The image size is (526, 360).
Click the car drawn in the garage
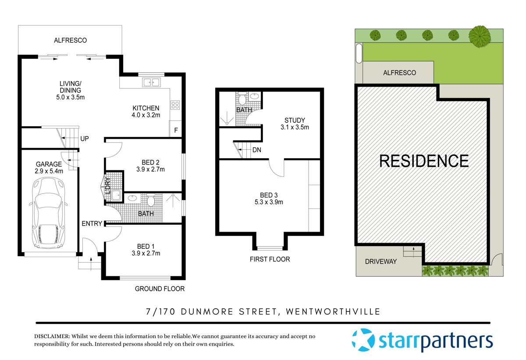48,213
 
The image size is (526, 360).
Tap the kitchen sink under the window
152,82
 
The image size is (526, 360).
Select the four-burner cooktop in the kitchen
175,105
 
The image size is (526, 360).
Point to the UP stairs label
85,139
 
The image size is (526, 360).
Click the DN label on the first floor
257,150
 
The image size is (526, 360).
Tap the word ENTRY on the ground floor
92,224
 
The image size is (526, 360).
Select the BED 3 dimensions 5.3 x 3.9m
269,202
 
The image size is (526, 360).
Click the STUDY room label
295,120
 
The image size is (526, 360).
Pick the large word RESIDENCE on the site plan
424,161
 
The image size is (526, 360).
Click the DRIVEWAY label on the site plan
380,261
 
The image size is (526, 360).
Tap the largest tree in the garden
480,36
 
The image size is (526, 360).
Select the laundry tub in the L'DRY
116,195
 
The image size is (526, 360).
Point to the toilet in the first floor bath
242,99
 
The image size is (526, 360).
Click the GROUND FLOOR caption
160,289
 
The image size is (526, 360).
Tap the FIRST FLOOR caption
270,259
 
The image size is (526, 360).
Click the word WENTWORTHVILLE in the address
333,312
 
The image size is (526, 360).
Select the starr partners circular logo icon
363,340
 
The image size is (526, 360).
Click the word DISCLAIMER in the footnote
52,336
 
